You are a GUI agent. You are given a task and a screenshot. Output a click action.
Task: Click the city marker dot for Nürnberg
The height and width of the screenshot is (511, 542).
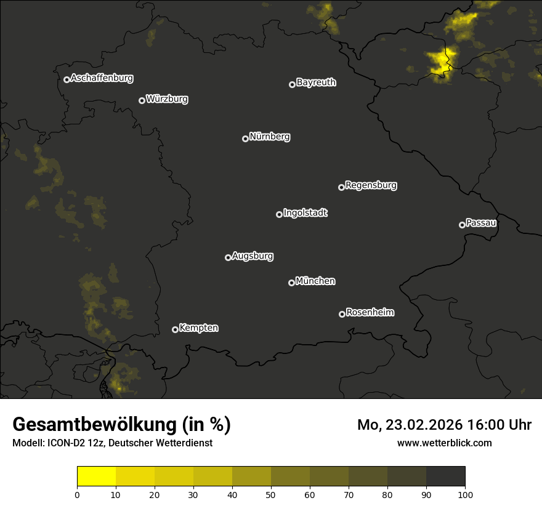[245, 139]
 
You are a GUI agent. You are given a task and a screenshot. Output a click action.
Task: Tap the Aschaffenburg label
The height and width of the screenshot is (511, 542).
[102, 78]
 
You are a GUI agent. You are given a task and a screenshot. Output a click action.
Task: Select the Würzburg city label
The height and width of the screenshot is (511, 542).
[167, 99]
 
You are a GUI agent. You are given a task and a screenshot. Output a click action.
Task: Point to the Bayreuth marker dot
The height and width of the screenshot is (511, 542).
[292, 84]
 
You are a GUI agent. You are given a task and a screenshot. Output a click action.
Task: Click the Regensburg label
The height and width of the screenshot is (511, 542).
[371, 185]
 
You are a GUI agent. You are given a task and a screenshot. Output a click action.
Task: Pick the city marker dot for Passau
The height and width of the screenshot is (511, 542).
[462, 225]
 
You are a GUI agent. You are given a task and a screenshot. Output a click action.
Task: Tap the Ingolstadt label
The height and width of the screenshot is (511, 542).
[305, 213]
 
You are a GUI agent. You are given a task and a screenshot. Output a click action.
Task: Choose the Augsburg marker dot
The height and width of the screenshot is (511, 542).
[228, 257]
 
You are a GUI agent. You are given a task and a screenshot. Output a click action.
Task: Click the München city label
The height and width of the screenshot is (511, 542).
[315, 281]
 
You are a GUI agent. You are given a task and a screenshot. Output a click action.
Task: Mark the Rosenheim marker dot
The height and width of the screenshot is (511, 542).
[342, 314]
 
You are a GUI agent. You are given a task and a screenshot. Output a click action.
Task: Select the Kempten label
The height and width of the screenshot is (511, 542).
[198, 328]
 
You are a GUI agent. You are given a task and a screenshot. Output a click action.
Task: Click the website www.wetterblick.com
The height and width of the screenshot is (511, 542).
[444, 443]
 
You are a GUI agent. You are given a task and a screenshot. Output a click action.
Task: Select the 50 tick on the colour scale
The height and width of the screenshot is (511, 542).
[271, 494]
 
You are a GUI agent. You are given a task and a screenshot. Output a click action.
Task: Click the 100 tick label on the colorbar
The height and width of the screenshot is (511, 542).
[465, 494]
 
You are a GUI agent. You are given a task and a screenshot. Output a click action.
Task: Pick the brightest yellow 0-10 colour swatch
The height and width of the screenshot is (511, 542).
[97, 477]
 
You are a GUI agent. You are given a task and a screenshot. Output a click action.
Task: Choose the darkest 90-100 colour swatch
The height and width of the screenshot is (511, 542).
[445, 477]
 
